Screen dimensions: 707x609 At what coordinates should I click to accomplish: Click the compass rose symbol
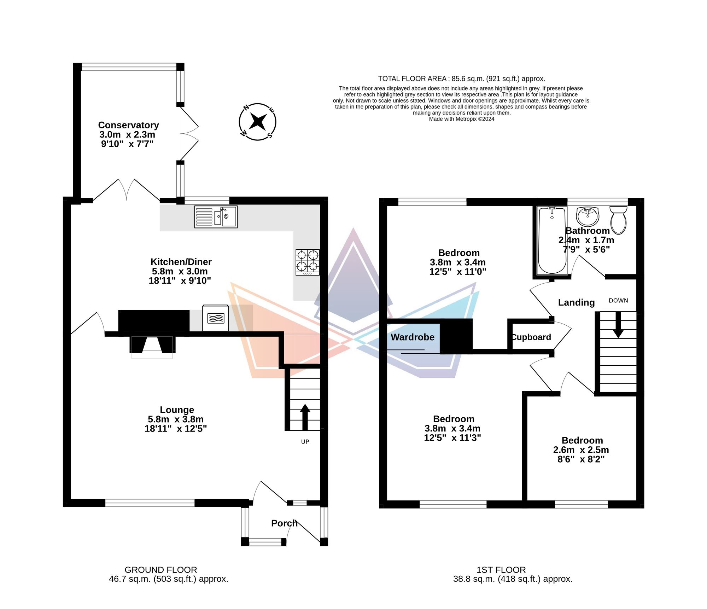(x=257, y=122)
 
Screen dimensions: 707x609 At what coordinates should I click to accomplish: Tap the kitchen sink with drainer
(x=216, y=217)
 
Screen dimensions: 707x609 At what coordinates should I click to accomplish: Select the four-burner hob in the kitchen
(x=308, y=262)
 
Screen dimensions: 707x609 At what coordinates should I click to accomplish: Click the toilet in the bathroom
(x=618, y=220)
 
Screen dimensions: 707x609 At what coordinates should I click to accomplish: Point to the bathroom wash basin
(x=588, y=216)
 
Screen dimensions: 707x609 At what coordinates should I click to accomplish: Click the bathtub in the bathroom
(x=552, y=241)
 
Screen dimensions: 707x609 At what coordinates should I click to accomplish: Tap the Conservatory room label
(x=128, y=125)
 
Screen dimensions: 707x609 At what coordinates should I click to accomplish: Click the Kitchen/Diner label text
(x=181, y=262)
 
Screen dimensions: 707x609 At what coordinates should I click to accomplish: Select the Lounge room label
(x=177, y=410)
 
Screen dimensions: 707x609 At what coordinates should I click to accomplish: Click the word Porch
(x=284, y=523)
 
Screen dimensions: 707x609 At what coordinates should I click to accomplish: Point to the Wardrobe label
(x=413, y=337)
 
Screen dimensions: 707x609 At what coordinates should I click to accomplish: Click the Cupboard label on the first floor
(x=531, y=337)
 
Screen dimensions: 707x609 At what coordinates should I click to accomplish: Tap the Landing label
(x=577, y=302)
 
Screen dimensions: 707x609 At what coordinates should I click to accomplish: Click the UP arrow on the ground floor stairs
(x=305, y=417)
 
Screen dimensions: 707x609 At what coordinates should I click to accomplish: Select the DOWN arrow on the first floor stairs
(x=618, y=325)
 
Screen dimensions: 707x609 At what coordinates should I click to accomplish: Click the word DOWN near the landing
(x=618, y=301)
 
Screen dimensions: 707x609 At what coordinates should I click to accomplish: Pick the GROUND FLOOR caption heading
(x=161, y=570)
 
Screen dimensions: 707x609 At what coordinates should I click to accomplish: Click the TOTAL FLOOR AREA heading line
(x=462, y=79)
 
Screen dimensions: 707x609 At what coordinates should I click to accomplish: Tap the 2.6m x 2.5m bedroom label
(x=581, y=450)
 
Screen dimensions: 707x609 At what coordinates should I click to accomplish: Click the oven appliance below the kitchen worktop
(x=215, y=318)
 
